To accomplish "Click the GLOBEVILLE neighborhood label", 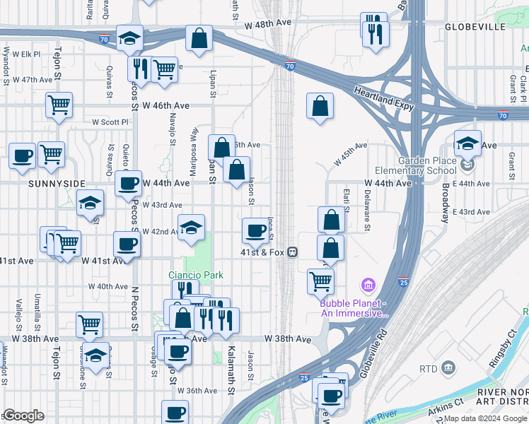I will [x=475, y=27].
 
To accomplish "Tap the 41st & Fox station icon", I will [x=291, y=252].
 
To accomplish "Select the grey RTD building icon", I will [x=448, y=368].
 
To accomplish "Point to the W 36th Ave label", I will [x=197, y=390].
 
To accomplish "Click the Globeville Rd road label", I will [x=374, y=352].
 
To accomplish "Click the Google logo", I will [x=23, y=416].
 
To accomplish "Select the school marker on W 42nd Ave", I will [x=191, y=228].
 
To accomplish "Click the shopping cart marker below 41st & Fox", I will [x=320, y=281].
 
